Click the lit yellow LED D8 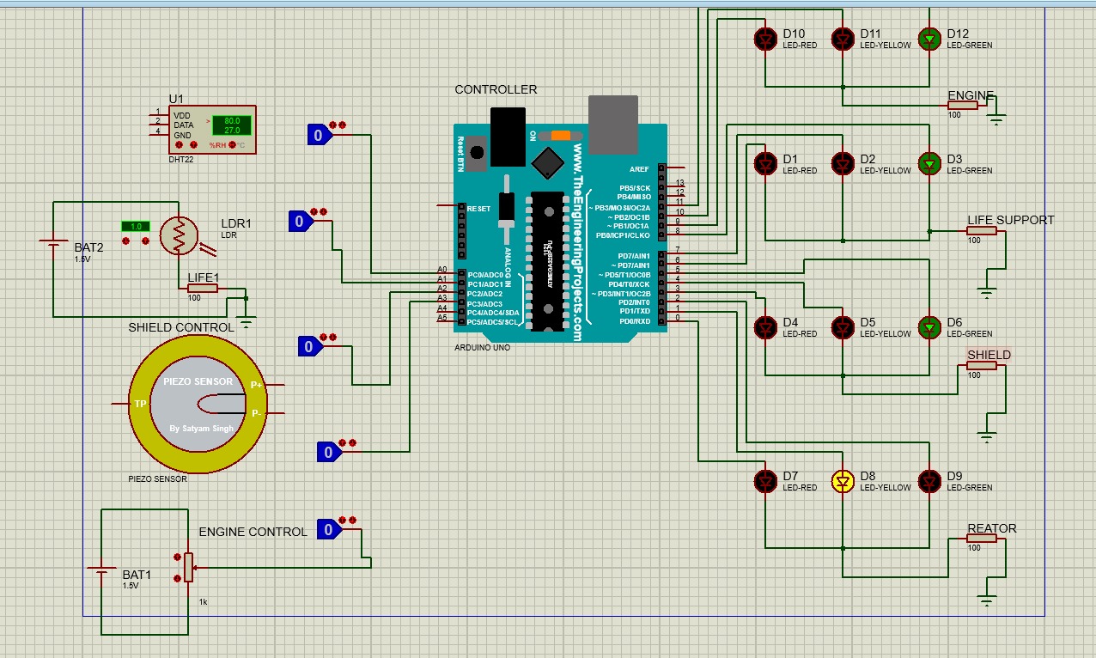[843, 482]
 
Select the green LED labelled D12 [929, 38]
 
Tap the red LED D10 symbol [764, 38]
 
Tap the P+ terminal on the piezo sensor [256, 386]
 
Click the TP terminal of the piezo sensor [140, 403]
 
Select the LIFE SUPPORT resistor [982, 230]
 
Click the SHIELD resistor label [989, 355]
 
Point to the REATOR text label [991, 528]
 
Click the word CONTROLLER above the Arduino [496, 89]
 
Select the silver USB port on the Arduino [612, 124]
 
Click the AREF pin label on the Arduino [639, 169]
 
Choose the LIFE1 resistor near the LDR [203, 288]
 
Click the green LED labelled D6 [929, 326]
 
